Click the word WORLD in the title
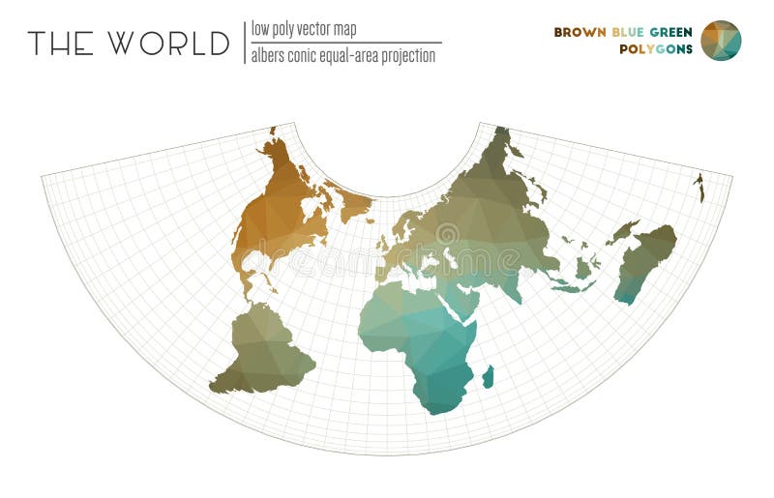(x=168, y=44)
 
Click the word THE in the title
(x=61, y=44)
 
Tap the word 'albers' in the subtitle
(x=272, y=56)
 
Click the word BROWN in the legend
(x=580, y=32)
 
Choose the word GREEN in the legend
(x=671, y=32)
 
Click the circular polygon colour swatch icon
(x=721, y=41)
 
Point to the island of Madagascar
(x=488, y=376)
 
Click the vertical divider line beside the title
(x=244, y=43)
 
